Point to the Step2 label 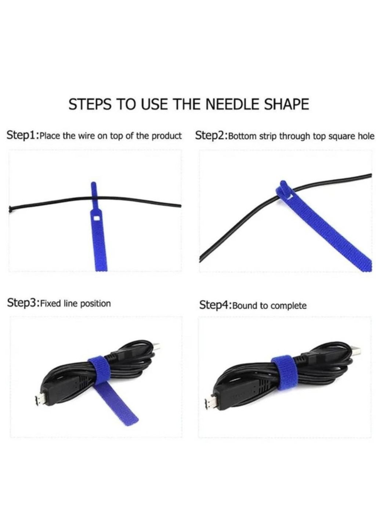click(211, 136)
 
